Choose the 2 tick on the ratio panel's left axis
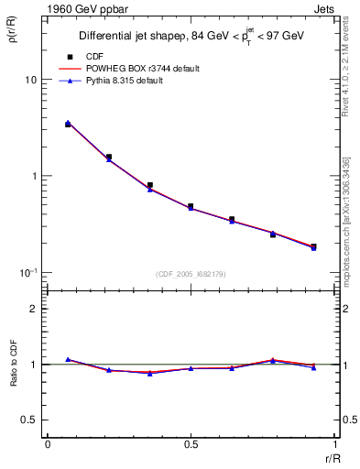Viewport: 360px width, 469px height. click(34, 309)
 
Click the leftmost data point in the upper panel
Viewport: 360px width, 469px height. click(68, 124)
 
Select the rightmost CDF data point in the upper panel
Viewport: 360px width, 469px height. click(313, 246)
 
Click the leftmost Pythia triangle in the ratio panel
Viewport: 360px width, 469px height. click(68, 359)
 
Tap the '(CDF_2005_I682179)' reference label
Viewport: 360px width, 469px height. click(190, 273)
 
